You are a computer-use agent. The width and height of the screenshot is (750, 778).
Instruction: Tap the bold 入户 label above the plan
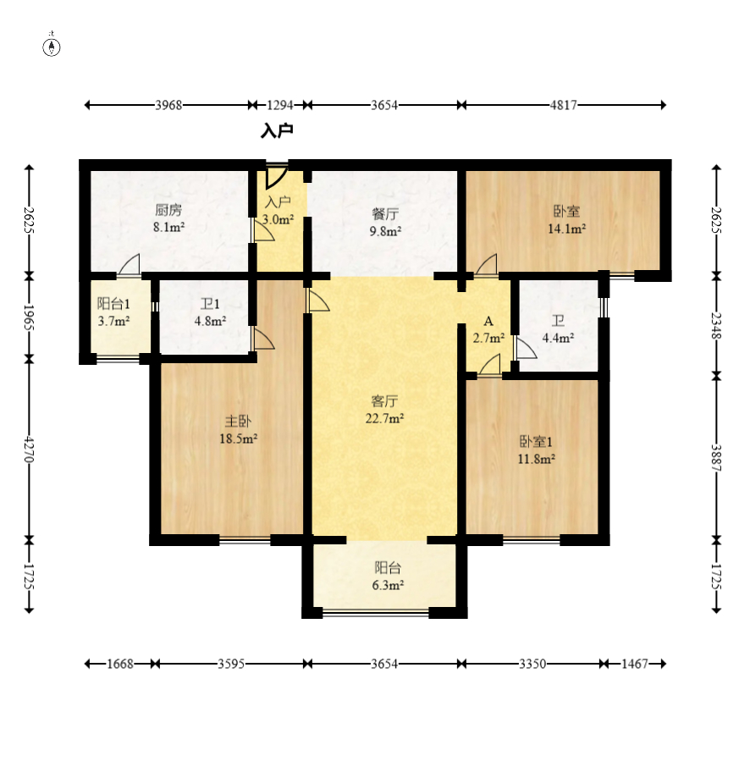point(278,131)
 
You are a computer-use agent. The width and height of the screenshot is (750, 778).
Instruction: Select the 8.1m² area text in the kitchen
point(169,227)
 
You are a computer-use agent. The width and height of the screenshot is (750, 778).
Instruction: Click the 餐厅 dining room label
point(385,214)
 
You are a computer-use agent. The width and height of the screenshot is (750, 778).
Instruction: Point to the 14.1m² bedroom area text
point(566,229)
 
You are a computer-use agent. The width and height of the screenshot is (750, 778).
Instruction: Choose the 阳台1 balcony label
point(113,304)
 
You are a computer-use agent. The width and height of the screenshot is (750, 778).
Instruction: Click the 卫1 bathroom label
point(210,304)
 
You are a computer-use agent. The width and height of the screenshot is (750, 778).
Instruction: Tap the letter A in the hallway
point(488,321)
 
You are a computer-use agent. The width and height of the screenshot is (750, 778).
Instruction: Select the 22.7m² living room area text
point(384,418)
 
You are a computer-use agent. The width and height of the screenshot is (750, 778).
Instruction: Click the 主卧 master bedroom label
point(238,422)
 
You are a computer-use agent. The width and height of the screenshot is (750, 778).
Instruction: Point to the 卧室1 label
point(536,442)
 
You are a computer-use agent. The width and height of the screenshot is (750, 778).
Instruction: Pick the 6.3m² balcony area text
point(388,585)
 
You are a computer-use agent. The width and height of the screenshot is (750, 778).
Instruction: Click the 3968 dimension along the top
point(168,105)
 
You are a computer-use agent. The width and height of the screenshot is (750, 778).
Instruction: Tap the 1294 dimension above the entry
point(280,105)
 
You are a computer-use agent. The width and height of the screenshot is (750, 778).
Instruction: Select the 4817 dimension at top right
point(564,105)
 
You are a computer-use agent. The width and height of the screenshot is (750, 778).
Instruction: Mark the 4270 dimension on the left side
point(30,450)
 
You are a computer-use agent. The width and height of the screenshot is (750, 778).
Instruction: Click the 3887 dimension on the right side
point(716,458)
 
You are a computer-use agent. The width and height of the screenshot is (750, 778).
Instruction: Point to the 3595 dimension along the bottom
point(231,664)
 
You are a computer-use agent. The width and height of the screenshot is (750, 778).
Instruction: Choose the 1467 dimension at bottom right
point(635,664)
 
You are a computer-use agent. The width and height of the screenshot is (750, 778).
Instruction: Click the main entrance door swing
point(277,176)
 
